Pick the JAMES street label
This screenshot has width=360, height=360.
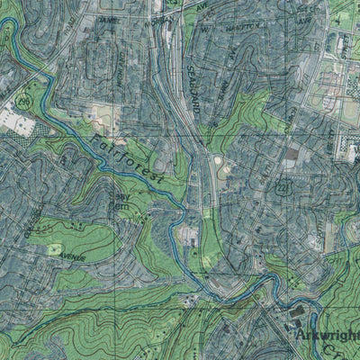click(x=108, y=21)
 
